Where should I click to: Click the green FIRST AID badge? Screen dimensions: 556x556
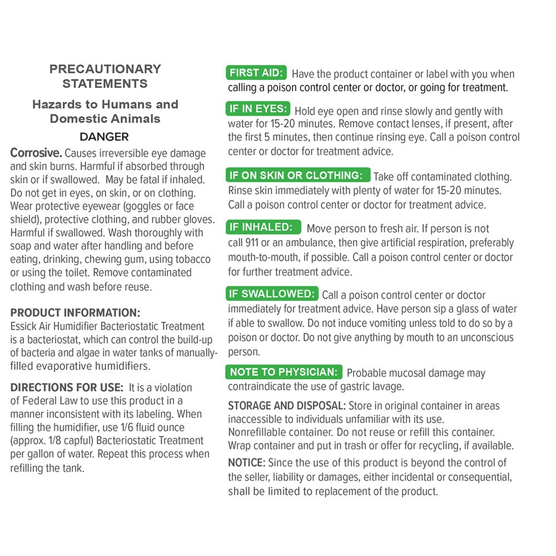256,73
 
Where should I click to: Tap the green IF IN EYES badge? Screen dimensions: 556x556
258,108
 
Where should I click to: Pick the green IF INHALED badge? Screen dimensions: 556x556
264,227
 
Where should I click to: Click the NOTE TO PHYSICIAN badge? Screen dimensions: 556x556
284,372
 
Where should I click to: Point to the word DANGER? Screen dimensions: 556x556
104,137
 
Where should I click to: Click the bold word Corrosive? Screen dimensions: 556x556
37,153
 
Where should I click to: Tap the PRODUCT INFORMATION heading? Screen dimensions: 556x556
75,313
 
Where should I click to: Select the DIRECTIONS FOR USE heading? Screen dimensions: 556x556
67,388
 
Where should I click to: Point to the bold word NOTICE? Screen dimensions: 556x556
247,463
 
